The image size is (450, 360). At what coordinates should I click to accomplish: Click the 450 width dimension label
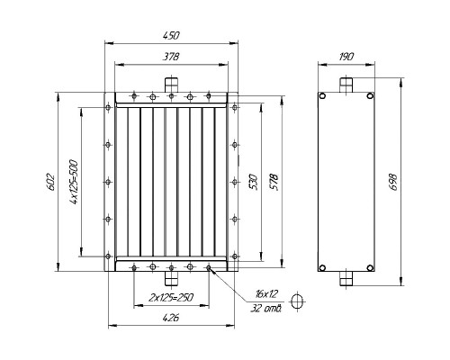click(x=171, y=35)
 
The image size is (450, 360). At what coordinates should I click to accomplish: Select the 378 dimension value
click(x=171, y=57)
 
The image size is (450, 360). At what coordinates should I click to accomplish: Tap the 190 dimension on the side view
click(x=346, y=57)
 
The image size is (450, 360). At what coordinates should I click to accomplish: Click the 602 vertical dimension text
click(x=50, y=182)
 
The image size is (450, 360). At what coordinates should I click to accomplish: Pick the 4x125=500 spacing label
click(x=74, y=182)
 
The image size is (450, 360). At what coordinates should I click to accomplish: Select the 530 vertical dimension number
click(x=254, y=182)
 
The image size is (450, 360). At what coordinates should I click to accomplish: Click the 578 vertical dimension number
click(x=274, y=182)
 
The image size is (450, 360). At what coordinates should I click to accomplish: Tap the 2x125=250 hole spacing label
click(x=171, y=298)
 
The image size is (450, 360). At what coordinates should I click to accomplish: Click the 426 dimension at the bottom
click(x=171, y=318)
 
